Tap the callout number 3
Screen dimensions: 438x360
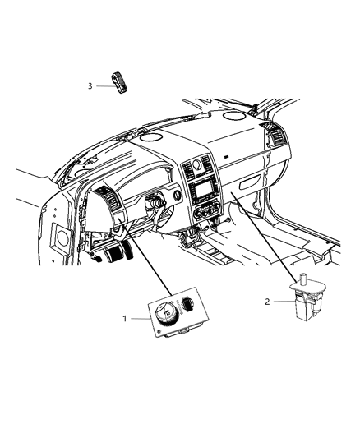(x=90, y=85)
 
